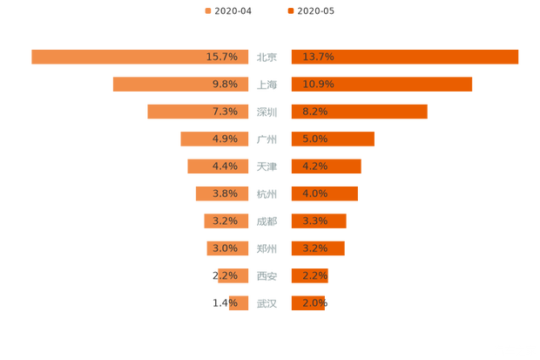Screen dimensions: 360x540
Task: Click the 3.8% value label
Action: click(x=225, y=194)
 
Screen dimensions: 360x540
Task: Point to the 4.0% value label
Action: click(x=314, y=194)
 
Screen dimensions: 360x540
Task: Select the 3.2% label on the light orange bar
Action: click(x=225, y=221)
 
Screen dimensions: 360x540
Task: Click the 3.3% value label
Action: click(x=314, y=221)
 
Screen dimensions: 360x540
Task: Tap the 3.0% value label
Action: click(x=225, y=248)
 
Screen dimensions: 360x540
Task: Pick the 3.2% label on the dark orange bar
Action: click(x=314, y=248)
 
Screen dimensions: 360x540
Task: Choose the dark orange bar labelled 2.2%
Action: click(x=308, y=275)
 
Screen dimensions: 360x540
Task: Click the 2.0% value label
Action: click(x=314, y=303)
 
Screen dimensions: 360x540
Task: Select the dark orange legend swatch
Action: click(x=288, y=10)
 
